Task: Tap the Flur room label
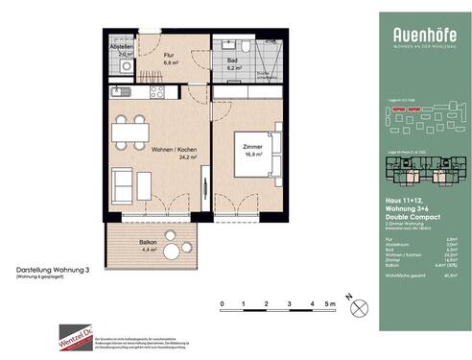(167, 56)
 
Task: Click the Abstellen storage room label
(121, 48)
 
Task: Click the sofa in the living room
(122, 182)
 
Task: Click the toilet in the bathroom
(247, 47)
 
